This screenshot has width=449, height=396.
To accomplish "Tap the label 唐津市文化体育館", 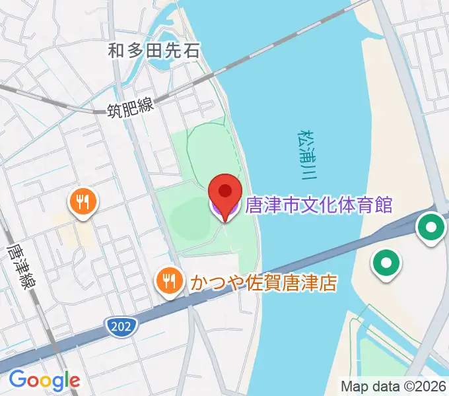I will [319, 205].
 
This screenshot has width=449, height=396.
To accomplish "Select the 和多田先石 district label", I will [154, 49].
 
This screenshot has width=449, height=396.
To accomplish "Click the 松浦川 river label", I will [306, 155].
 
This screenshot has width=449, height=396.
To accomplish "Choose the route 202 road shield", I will [121, 325].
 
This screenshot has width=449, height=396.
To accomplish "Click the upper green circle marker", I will [431, 228].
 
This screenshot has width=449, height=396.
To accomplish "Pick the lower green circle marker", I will [386, 265].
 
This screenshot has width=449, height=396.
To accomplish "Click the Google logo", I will [44, 380].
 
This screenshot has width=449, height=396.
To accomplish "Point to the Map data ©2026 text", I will [394, 386].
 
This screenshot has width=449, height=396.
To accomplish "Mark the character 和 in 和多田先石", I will [116, 49].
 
